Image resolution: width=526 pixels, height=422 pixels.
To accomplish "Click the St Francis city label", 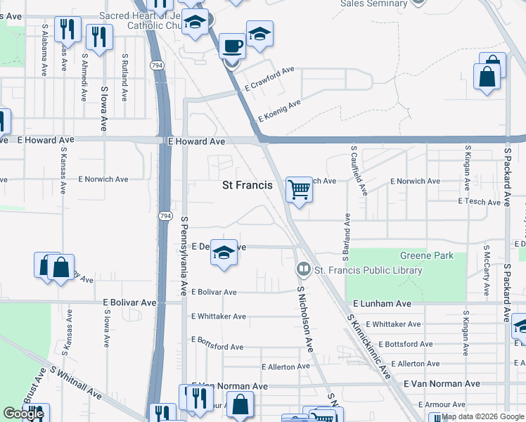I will coord(247,186).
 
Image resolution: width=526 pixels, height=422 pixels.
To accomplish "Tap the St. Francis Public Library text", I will coord(368,270).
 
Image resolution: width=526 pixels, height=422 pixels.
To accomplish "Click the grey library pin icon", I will coord(303,269).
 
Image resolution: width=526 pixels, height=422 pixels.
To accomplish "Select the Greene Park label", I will coord(427,255).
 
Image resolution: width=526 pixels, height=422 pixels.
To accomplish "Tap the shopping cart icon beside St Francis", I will coord(300,189).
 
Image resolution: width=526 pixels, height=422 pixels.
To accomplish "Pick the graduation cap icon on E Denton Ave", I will coord(224,252).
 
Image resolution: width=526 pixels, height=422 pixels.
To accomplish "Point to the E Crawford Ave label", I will coord(269,80).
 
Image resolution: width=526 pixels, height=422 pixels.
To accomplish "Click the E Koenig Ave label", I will coord(279,110).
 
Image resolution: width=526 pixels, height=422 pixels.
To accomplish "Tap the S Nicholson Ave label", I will coord(304,319).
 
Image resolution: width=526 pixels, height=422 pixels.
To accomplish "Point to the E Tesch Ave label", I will coord(478,201).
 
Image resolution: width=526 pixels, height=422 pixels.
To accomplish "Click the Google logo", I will coord(23,414).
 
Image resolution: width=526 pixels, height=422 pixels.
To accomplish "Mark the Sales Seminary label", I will coord(373,4).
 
